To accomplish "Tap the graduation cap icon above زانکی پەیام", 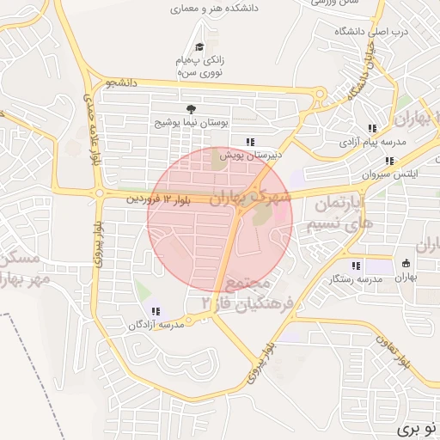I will (x=199, y=46).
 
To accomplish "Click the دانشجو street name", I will (x=121, y=83).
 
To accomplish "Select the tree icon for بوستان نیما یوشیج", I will (x=190, y=109).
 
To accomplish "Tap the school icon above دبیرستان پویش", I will (x=250, y=142).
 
